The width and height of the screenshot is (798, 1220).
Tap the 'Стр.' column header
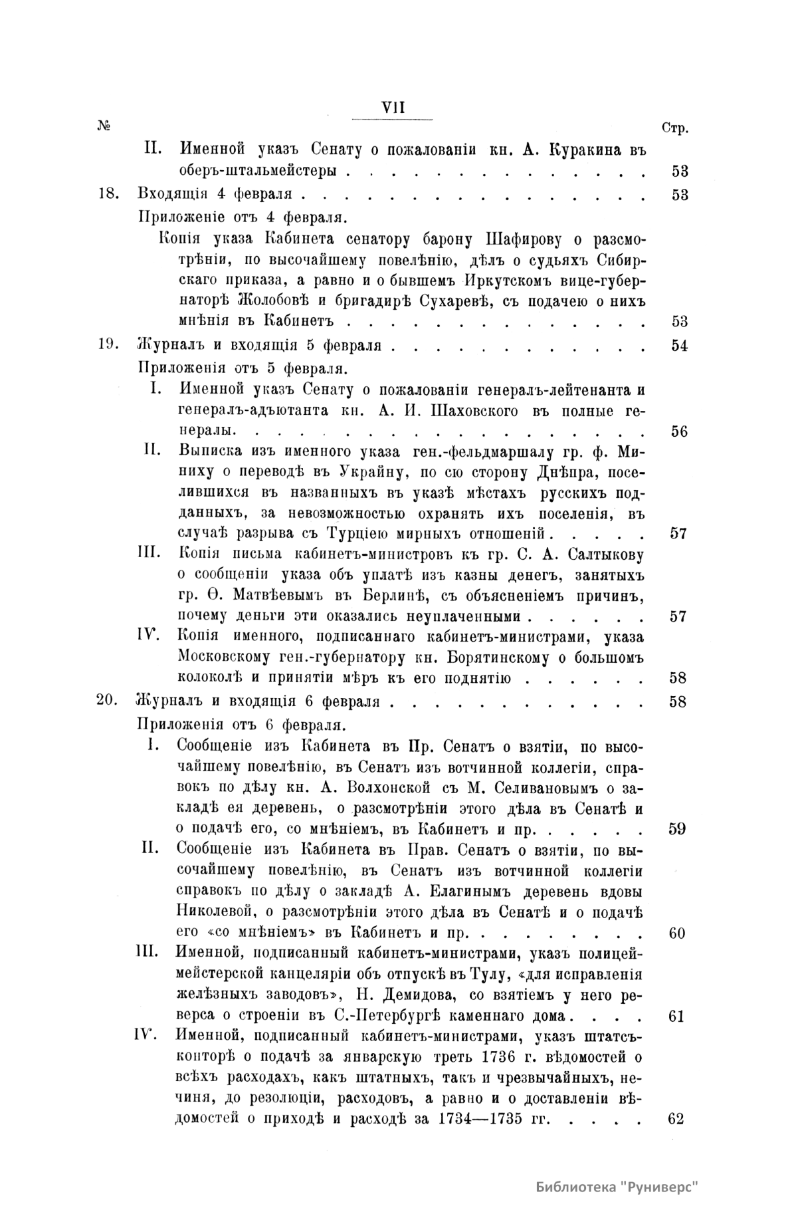675,128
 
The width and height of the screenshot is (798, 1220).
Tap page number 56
678,431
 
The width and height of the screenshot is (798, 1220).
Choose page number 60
677,933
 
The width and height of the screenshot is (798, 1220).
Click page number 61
677,1017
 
